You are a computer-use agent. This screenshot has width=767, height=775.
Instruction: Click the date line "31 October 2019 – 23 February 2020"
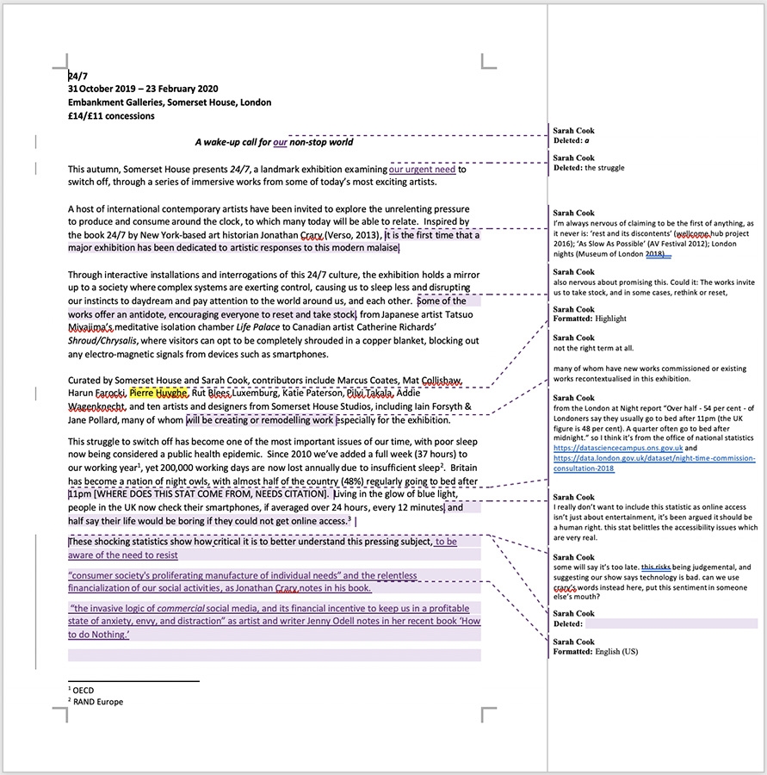point(143,89)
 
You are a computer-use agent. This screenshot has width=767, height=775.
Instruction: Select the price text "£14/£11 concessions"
point(111,115)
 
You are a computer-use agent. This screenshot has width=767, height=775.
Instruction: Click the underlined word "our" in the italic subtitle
point(280,142)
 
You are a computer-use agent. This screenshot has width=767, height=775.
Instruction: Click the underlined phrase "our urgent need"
point(422,169)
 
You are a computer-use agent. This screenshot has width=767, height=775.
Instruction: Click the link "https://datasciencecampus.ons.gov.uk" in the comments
point(618,448)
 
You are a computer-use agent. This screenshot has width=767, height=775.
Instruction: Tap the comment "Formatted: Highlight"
point(590,319)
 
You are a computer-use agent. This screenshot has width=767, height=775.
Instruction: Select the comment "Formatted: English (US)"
point(596,652)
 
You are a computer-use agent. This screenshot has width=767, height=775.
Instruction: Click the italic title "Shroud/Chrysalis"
point(103,341)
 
